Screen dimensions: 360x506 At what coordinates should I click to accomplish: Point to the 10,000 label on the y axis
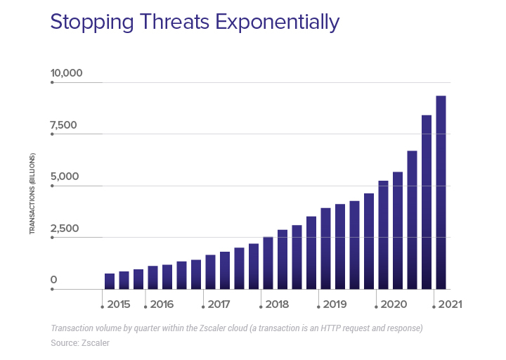[66, 73]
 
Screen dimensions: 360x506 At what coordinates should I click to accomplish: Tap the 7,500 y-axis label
[63, 125]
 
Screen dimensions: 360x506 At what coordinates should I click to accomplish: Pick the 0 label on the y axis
[53, 280]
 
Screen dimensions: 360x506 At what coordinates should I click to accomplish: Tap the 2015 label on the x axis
[119, 304]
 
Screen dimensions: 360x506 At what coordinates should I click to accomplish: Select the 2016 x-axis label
[162, 304]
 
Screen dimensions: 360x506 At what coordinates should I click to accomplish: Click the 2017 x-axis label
[219, 304]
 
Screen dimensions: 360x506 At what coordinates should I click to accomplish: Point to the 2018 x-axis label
[277, 304]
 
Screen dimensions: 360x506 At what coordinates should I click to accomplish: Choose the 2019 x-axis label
[335, 304]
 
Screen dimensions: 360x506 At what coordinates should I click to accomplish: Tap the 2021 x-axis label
[450, 304]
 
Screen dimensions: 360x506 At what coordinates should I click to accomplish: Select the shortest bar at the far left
[110, 281]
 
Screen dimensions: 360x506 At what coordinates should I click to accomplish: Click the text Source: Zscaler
[79, 342]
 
